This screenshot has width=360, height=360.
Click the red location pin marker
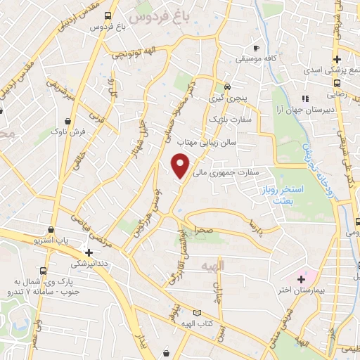181,165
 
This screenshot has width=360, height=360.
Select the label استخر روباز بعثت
296,195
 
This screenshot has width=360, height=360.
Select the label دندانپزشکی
89,264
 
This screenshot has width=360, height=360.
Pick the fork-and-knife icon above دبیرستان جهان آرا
305,98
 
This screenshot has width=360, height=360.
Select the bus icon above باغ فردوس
107,15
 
